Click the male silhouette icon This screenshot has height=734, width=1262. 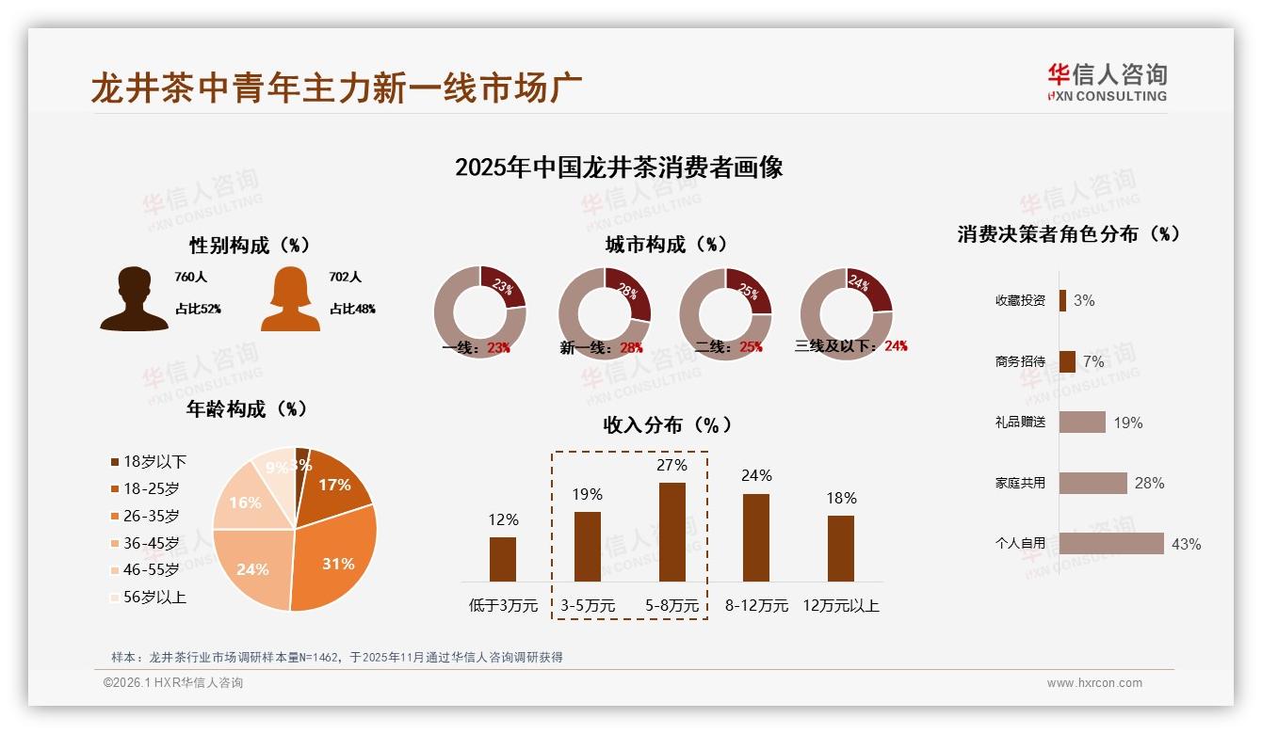pyautogui.click(x=134, y=299)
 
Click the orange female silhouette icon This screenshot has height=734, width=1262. pyautogui.click(x=290, y=299)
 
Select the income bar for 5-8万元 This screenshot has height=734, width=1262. pyautogui.click(x=671, y=532)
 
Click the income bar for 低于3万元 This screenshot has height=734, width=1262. pyautogui.click(x=503, y=559)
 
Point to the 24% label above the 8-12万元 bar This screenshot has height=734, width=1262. pyautogui.click(x=756, y=476)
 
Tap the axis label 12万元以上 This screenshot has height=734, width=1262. pyautogui.click(x=841, y=605)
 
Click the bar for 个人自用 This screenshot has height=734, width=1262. pyautogui.click(x=1111, y=543)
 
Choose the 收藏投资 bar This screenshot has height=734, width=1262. pyautogui.click(x=1062, y=300)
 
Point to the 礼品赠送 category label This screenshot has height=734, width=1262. pyautogui.click(x=1020, y=422)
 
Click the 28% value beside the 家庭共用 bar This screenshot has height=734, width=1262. pyautogui.click(x=1149, y=483)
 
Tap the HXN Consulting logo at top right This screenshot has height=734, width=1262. pyautogui.click(x=1107, y=83)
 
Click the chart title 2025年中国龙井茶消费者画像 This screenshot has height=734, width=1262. pyautogui.click(x=619, y=168)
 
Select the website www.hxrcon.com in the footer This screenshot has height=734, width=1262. pyautogui.click(x=1094, y=683)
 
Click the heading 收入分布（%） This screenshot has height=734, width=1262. pyautogui.click(x=667, y=424)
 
